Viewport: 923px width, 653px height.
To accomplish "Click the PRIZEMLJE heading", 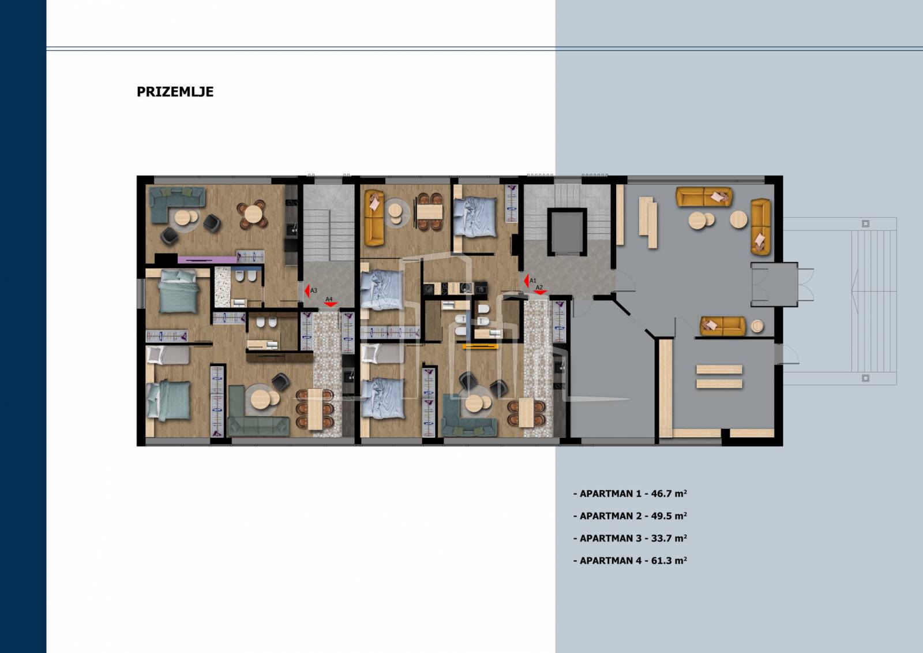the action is point(175,92).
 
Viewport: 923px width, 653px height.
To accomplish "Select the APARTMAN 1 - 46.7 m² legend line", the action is point(630,494).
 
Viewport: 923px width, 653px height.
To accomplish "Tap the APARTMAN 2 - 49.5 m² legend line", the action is point(630,516).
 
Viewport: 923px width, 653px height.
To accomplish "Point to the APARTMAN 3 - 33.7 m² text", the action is point(630,538).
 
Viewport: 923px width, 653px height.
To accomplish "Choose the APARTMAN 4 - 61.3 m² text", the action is point(630,560).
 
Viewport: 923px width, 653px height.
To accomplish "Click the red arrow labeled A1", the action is point(526,281).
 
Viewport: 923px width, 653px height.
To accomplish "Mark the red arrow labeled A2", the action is point(540,292).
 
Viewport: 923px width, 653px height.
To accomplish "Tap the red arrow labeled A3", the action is point(307,291).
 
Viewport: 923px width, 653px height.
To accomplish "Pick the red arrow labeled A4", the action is point(331,304).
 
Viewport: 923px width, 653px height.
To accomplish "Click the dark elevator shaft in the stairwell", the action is point(566,232).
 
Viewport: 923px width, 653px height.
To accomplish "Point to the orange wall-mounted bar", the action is point(481,346).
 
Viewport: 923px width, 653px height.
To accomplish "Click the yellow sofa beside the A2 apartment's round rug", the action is point(374,218).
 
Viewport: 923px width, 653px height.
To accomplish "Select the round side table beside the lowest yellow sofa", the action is point(757,326).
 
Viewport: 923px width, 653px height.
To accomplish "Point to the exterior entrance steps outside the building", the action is point(873,301).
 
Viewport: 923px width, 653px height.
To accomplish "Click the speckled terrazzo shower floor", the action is point(223,287).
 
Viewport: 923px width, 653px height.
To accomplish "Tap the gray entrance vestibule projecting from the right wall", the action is point(774,285).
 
